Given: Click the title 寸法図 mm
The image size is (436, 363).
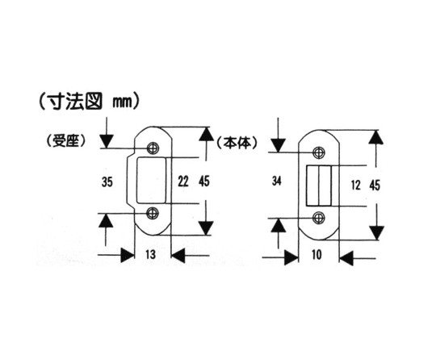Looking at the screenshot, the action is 89,102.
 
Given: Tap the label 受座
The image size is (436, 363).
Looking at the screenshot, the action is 65,141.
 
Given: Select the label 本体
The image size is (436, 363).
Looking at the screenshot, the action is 237,143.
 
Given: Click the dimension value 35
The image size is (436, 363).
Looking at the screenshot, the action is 107,182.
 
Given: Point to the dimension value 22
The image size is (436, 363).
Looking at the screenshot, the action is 183,182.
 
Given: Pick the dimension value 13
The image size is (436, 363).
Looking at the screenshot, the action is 151,254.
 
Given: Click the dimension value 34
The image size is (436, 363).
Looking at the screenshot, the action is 277,181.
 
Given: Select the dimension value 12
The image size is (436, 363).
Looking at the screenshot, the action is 356,185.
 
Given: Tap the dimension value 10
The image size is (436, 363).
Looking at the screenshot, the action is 317,254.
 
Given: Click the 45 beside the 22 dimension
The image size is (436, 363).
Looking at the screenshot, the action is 204,181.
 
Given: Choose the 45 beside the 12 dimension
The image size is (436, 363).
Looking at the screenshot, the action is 375,186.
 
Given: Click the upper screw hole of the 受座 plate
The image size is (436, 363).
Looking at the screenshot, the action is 153,148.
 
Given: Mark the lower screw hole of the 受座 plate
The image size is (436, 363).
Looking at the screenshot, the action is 153,213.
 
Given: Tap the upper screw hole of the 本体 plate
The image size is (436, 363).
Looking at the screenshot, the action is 319,152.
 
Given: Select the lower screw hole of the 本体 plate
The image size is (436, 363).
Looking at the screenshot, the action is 319,218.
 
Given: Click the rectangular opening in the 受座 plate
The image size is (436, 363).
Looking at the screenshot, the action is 152,180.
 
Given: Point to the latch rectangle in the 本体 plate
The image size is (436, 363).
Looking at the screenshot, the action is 319,186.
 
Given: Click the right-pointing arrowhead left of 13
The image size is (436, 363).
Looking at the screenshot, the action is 128,255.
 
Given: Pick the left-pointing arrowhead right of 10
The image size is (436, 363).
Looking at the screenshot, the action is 346,259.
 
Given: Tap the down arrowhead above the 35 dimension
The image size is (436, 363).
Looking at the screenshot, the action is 107,141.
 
